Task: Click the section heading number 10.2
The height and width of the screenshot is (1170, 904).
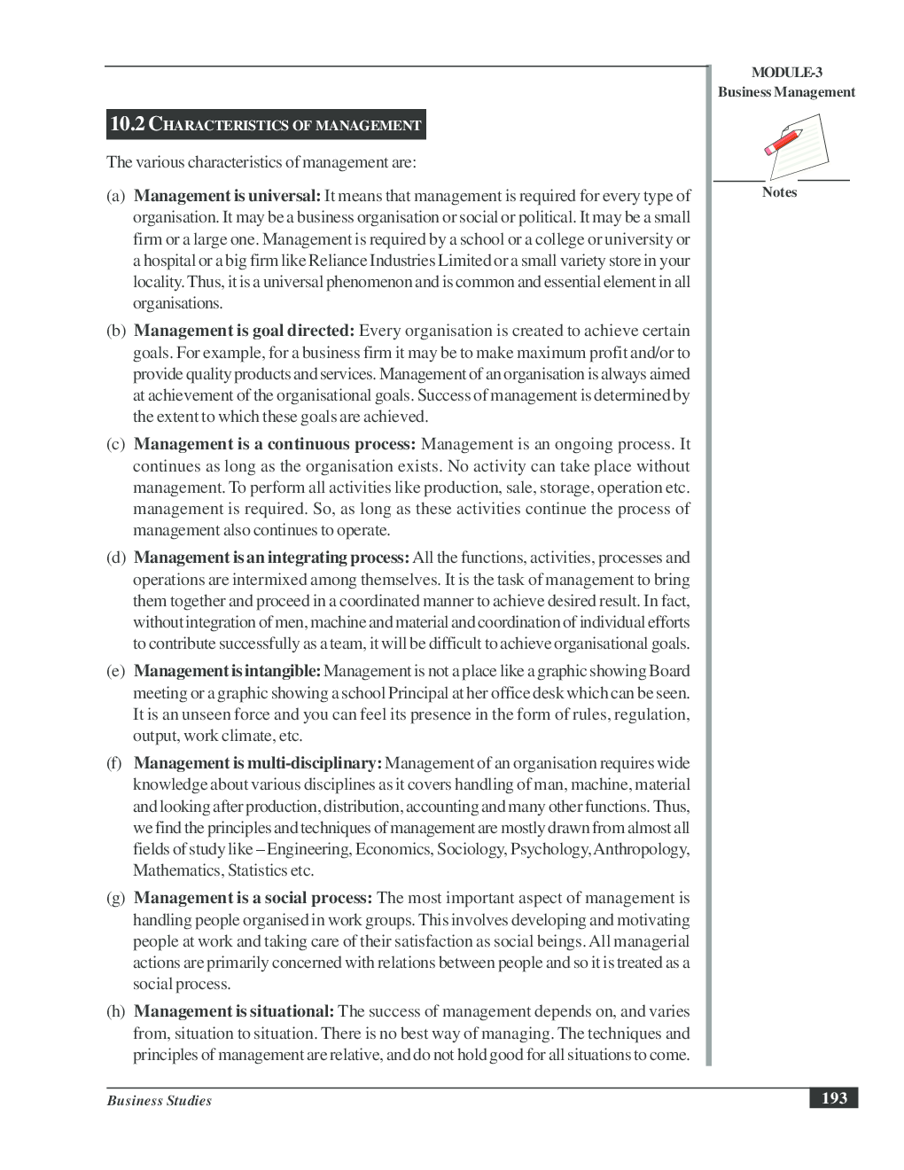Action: click(x=127, y=124)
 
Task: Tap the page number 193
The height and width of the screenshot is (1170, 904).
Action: click(x=834, y=1098)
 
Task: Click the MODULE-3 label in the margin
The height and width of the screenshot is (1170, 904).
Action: click(x=786, y=73)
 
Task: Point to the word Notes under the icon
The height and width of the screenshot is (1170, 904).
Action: click(x=779, y=192)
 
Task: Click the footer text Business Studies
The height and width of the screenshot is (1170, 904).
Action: click(x=160, y=1101)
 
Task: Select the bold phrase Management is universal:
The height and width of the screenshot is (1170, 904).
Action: click(x=227, y=196)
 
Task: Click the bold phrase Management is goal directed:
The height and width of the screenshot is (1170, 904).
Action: click(x=244, y=331)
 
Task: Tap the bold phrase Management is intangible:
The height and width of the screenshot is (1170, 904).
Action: click(x=227, y=671)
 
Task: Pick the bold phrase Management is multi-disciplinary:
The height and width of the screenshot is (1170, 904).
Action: click(x=258, y=763)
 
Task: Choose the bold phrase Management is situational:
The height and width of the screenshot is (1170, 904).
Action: click(x=234, y=1011)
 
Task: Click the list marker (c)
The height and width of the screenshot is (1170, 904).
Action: click(x=116, y=444)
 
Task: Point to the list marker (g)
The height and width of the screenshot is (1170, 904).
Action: click(x=116, y=898)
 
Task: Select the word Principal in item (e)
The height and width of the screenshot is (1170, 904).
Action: click(x=418, y=693)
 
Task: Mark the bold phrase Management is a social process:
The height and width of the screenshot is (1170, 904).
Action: click(x=253, y=898)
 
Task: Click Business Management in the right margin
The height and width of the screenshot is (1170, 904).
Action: click(x=786, y=92)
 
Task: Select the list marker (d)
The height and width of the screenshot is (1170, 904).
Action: click(x=116, y=558)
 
